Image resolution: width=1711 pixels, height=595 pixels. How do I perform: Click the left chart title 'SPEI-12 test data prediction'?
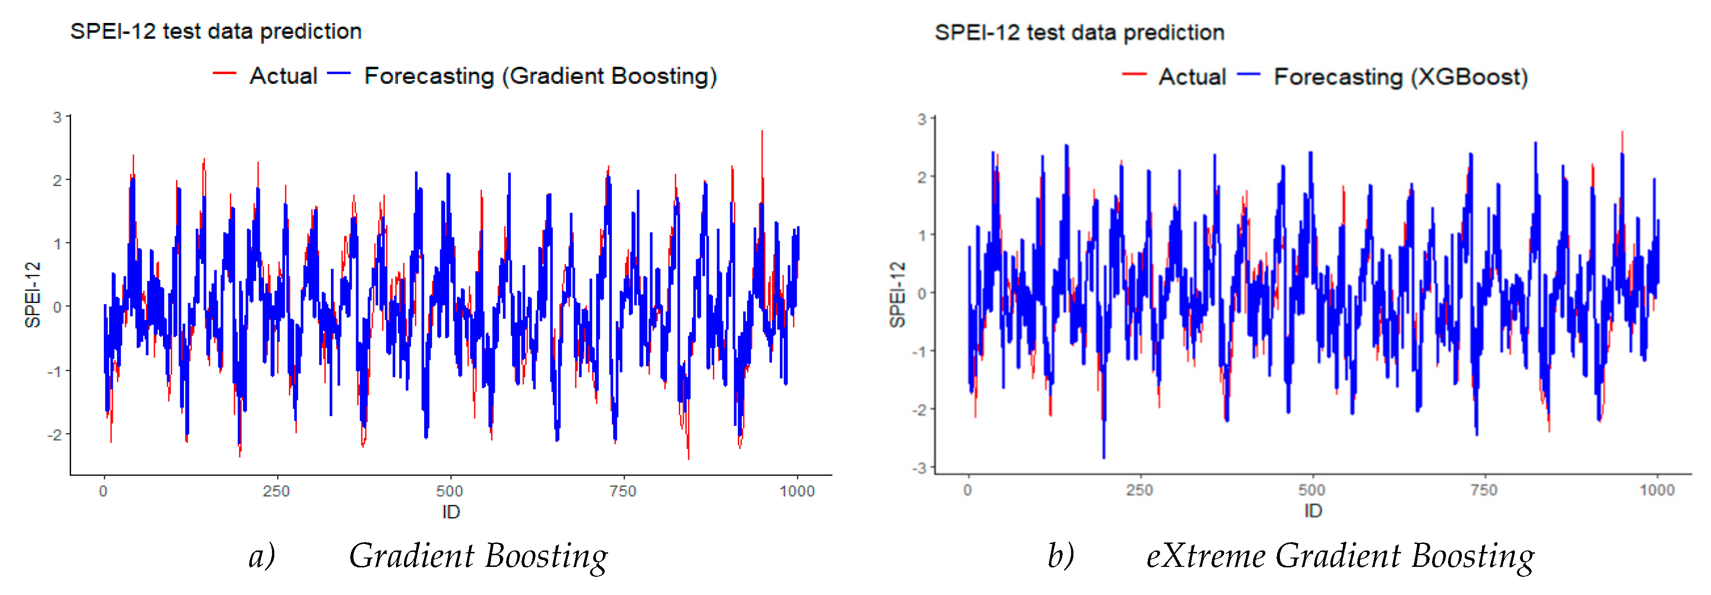216,31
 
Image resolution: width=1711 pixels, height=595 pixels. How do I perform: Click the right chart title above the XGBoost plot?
1079,33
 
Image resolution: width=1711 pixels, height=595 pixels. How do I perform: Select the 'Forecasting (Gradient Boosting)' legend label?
540,76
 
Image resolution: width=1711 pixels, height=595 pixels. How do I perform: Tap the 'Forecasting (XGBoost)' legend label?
1400,77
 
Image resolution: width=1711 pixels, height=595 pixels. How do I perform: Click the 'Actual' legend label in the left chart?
283,76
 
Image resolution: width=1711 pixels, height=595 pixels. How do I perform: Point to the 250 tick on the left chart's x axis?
276,491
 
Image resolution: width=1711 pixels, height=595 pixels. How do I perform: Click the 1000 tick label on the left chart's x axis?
796,491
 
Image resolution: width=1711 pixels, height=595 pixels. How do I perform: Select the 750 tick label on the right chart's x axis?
1484,491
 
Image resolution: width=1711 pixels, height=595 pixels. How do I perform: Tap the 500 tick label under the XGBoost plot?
1312,491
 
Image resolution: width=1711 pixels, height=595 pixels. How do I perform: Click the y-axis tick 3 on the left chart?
58,118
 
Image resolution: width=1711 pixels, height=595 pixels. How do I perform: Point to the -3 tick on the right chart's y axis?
919,468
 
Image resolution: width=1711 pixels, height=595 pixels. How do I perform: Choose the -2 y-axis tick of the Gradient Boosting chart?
55,435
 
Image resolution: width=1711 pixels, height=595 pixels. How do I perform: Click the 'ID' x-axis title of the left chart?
451,512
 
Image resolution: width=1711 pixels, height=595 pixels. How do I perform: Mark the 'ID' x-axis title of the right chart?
1313,511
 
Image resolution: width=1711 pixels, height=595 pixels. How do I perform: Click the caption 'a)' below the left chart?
262,556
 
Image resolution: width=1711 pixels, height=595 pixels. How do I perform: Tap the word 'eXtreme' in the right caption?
1205,556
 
